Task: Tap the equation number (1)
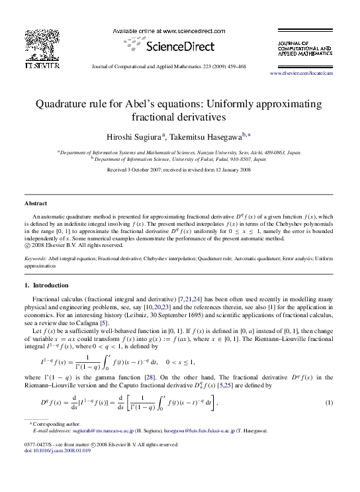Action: [328, 403]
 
